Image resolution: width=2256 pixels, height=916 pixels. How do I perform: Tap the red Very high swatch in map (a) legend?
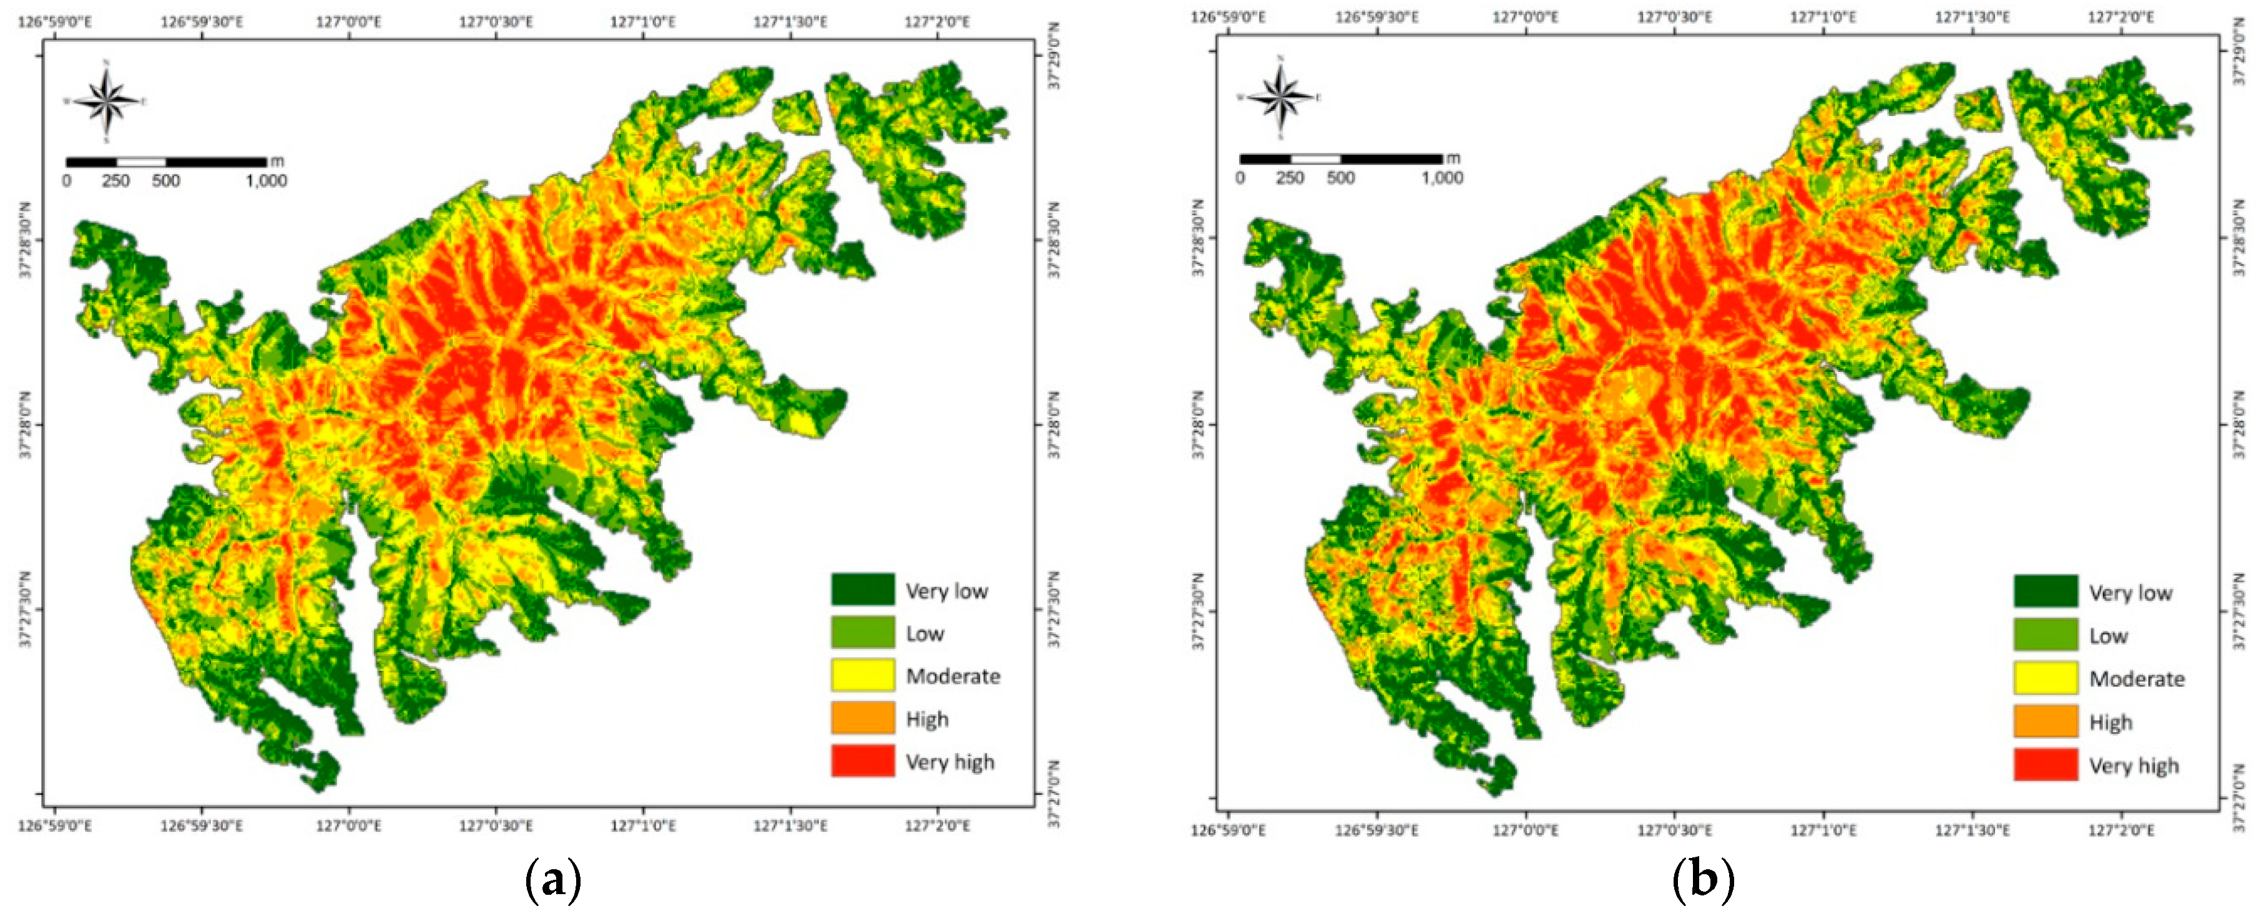tap(863, 761)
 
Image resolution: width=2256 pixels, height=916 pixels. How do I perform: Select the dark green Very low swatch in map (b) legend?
tap(2045, 591)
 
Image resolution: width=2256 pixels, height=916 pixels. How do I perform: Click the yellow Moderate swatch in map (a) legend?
tap(863, 675)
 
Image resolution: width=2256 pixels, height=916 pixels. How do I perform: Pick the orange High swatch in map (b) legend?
tap(2045, 721)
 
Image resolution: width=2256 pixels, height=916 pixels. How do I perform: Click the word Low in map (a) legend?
tap(925, 633)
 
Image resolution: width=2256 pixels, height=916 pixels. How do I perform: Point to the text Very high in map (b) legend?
tap(2134, 766)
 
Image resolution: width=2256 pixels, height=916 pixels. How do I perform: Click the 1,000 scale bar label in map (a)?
tap(265, 182)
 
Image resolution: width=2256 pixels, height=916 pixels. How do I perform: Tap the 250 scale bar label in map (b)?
tap(1289, 178)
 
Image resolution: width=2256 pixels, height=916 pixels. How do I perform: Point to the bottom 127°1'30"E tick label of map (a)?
tap(790, 825)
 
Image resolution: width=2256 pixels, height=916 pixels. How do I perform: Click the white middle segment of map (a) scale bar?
tap(141, 162)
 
